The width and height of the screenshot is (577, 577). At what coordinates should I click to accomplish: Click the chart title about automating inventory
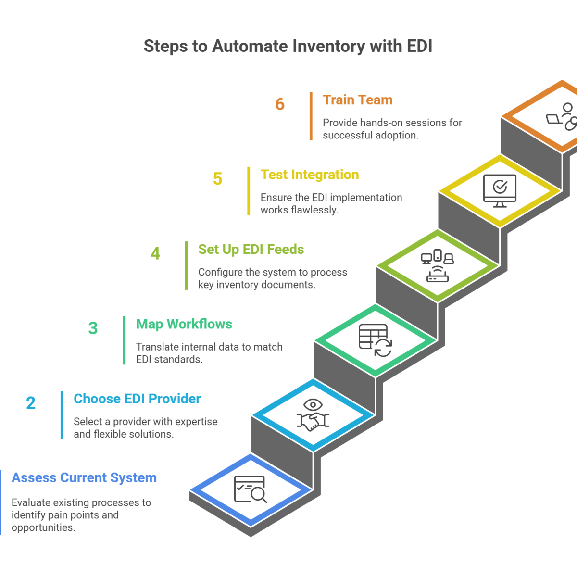[288, 46]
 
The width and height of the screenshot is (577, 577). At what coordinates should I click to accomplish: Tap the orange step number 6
[280, 104]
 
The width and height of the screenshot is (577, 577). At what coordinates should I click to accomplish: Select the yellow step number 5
[217, 179]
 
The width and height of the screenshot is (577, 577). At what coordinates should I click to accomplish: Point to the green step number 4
[155, 253]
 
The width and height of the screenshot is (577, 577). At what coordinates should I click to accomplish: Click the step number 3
[93, 328]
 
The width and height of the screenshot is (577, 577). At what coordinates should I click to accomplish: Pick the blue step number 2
[31, 402]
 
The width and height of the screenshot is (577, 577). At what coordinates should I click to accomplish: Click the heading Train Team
[357, 100]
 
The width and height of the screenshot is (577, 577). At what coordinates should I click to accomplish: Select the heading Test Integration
[310, 175]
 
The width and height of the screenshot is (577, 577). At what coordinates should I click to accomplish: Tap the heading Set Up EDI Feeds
[251, 249]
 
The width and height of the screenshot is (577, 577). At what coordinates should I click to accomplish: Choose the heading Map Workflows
[184, 324]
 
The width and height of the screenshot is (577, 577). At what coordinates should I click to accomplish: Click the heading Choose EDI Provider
[137, 399]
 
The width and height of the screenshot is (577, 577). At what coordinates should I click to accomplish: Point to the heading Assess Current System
[84, 477]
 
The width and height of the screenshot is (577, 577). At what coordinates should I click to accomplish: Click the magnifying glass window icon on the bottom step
[251, 489]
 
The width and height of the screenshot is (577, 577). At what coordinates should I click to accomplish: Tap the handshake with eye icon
[312, 414]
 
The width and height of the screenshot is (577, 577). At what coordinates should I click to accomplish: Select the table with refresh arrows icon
[375, 340]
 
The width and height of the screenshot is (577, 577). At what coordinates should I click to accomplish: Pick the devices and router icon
[437, 265]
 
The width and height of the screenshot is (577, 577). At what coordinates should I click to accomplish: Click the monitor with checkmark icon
[500, 191]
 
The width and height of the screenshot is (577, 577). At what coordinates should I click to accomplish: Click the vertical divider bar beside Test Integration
[249, 191]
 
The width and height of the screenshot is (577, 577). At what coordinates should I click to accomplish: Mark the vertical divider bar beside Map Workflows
[125, 340]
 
